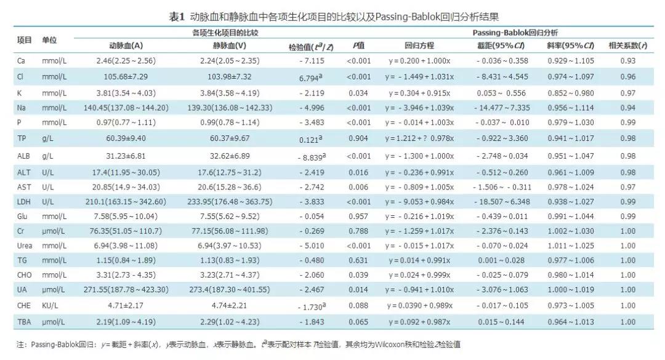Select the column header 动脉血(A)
126,46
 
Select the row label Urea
25,246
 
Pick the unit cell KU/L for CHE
51,305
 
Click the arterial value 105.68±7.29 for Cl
126,76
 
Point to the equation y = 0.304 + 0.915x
419,93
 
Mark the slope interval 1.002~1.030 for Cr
570,231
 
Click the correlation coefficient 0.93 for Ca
627,61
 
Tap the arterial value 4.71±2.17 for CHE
126,305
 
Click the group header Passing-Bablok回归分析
515,32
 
